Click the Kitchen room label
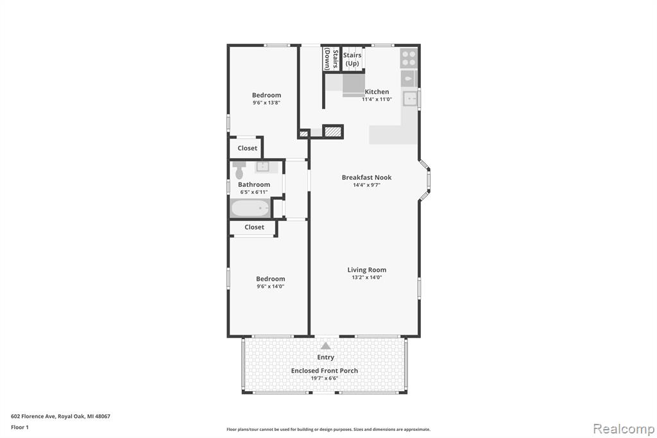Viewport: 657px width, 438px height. pyautogui.click(x=377, y=92)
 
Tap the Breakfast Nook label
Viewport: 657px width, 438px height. pyautogui.click(x=366, y=177)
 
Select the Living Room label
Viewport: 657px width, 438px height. pyautogui.click(x=366, y=270)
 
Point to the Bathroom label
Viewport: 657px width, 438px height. pyautogui.click(x=254, y=184)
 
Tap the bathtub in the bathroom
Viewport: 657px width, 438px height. pyautogui.click(x=250, y=209)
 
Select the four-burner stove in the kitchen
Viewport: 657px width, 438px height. pyautogui.click(x=409, y=58)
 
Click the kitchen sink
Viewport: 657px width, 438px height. pyautogui.click(x=410, y=99)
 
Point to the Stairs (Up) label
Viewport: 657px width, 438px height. pyautogui.click(x=352, y=59)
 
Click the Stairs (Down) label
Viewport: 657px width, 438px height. pyautogui.click(x=331, y=58)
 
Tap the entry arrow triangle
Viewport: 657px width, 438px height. pyautogui.click(x=325, y=346)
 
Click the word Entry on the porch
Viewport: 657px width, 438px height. pyautogui.click(x=325, y=358)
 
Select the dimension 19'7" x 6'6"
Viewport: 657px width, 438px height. pyautogui.click(x=325, y=378)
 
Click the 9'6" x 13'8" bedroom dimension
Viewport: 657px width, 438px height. pyautogui.click(x=266, y=103)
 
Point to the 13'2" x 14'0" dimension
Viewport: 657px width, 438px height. pyautogui.click(x=366, y=277)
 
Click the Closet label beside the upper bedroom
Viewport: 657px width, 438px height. pyautogui.click(x=247, y=148)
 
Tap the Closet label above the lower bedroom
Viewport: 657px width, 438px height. pyautogui.click(x=254, y=227)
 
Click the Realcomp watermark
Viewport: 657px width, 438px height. pyautogui.click(x=624, y=429)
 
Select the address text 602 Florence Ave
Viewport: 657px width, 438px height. pyautogui.click(x=33, y=417)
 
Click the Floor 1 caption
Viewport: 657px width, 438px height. pyautogui.click(x=20, y=428)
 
